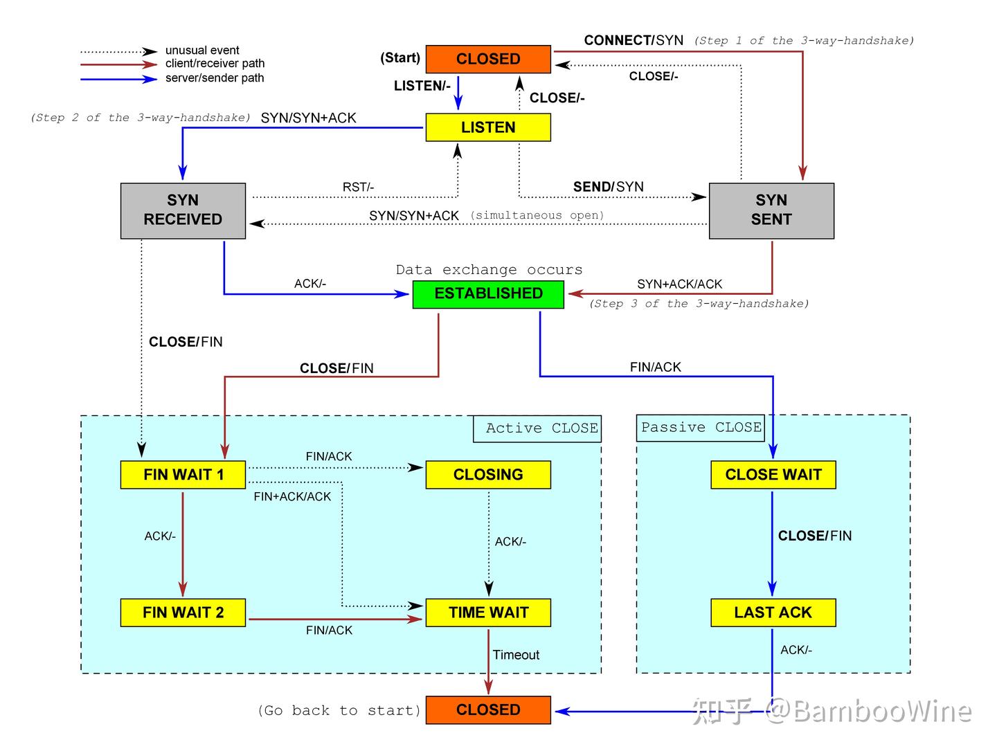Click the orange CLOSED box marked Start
(488, 59)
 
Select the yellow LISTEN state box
(488, 127)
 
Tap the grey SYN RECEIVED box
(183, 210)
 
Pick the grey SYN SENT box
(771, 210)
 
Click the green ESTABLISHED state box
(488, 293)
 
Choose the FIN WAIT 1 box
(183, 475)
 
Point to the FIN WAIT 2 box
(183, 613)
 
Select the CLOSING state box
(488, 475)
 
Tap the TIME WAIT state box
(488, 613)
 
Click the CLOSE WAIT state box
(773, 475)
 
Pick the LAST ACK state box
(773, 613)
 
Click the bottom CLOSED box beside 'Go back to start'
(488, 710)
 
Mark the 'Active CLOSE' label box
(537, 428)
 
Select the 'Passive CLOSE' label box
(701, 428)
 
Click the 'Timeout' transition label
(516, 655)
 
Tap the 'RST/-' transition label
(358, 188)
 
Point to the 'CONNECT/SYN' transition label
(634, 40)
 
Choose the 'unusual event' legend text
(202, 51)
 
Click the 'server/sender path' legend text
(215, 78)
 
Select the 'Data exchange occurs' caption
(489, 270)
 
